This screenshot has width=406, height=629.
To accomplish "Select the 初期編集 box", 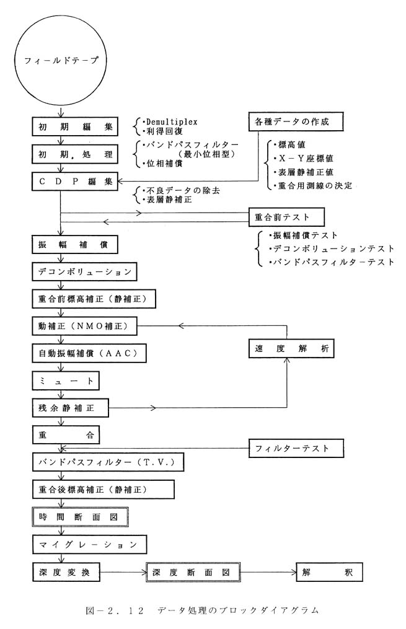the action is coord(75,127).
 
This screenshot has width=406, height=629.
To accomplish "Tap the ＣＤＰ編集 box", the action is coord(75,182).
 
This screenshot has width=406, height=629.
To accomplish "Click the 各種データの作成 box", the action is coord(296,121).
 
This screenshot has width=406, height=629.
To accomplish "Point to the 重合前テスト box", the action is coord(286,218).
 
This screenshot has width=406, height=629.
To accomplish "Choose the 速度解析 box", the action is coord(291,349).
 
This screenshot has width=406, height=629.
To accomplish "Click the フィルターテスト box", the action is coord(296,448).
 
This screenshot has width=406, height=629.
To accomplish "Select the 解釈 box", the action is coord(329,572).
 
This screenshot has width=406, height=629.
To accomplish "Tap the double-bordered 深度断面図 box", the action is coord(194,572).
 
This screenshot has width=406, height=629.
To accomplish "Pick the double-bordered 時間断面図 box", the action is coord(80,517).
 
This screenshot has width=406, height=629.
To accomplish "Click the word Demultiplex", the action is coord(172,121).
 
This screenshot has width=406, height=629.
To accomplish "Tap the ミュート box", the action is coord(66,380).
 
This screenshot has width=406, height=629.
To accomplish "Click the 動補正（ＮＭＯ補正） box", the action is coord(85,326).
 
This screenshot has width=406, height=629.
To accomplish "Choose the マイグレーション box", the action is coord(89,545).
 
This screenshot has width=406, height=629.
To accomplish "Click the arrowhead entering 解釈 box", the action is coord(293,572).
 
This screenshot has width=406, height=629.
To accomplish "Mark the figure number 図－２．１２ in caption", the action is coord(115,610).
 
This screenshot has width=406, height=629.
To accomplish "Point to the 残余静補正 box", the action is coord(70,408).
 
